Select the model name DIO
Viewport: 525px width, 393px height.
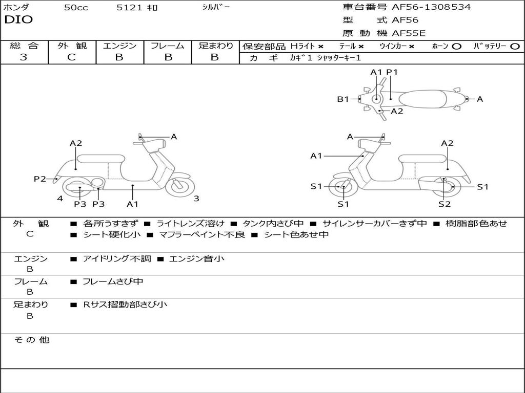[18, 20]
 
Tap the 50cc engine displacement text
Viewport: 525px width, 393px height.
[76, 8]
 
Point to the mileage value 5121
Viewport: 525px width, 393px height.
[127, 8]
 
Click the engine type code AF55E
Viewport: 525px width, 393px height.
[409, 34]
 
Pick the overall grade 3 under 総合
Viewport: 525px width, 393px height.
[24, 57]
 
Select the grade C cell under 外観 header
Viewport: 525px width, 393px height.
[71, 57]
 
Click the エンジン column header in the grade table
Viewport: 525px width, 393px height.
[119, 46]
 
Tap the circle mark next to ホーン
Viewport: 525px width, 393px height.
[457, 47]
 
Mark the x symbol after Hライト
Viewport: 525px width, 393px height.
[320, 47]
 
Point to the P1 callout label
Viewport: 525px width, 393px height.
[392, 72]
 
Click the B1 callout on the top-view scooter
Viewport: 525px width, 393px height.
[342, 99]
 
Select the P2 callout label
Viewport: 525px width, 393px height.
[40, 179]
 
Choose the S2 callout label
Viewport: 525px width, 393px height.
[445, 204]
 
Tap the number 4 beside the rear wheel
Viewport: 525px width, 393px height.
[60, 199]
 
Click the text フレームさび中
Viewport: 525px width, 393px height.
[113, 281]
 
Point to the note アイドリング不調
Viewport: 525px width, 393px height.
[117, 259]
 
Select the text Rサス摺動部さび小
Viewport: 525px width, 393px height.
[125, 304]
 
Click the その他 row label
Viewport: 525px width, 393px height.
[31, 340]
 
